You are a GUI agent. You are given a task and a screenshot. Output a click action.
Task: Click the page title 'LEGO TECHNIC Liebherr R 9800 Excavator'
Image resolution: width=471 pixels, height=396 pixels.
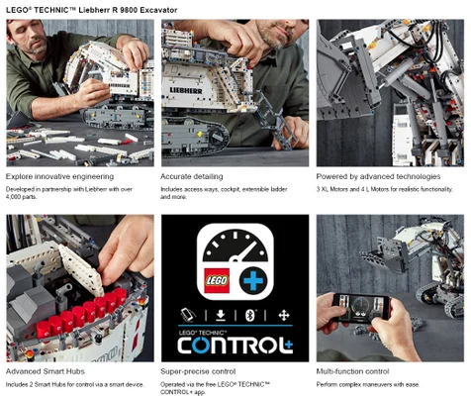[92, 10]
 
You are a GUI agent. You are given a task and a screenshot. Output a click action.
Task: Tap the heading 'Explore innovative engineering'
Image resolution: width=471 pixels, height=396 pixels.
[59, 176]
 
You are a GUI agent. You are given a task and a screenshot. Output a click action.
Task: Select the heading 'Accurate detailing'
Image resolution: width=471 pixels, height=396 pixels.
[192, 176]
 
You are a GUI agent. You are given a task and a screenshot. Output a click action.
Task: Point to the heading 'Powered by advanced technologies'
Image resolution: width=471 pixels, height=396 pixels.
[378, 176]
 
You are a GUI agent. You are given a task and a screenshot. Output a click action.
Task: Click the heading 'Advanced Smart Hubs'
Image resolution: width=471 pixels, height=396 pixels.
[46, 371]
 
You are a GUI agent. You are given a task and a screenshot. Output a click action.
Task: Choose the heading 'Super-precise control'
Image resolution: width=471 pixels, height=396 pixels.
[198, 371]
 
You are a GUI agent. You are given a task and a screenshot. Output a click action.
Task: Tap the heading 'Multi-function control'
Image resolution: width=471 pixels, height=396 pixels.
[352, 371]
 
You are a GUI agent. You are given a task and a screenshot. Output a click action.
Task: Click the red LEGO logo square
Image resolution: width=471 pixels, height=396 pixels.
[217, 281]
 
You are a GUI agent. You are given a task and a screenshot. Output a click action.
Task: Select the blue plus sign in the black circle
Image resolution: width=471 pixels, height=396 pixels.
[253, 281]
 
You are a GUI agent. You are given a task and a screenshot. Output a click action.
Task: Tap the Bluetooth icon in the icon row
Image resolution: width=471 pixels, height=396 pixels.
[250, 315]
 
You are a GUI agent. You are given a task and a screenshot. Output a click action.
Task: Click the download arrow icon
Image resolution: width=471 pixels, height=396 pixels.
[221, 315]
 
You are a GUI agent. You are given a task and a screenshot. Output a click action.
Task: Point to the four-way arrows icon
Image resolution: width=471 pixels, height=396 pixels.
[284, 315]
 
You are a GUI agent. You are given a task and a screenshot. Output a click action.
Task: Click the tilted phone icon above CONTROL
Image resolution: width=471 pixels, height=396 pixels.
[188, 315]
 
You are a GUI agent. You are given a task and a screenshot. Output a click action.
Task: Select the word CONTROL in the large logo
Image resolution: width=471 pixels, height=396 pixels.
[231, 346]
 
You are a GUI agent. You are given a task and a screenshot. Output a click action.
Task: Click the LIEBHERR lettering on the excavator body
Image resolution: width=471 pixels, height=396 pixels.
[186, 90]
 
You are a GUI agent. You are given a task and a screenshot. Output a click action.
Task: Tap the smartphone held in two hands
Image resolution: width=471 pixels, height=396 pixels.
[361, 308]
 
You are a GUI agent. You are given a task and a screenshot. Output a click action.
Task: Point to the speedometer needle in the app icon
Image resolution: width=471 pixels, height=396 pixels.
[244, 251]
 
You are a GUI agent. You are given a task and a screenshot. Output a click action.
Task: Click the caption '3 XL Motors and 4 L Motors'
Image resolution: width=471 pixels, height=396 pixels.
[384, 189]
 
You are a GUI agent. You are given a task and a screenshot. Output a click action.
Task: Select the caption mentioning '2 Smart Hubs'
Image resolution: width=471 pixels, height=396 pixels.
[75, 384]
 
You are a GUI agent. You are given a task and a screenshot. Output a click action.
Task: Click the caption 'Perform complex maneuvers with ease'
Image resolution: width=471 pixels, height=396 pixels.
[368, 384]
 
